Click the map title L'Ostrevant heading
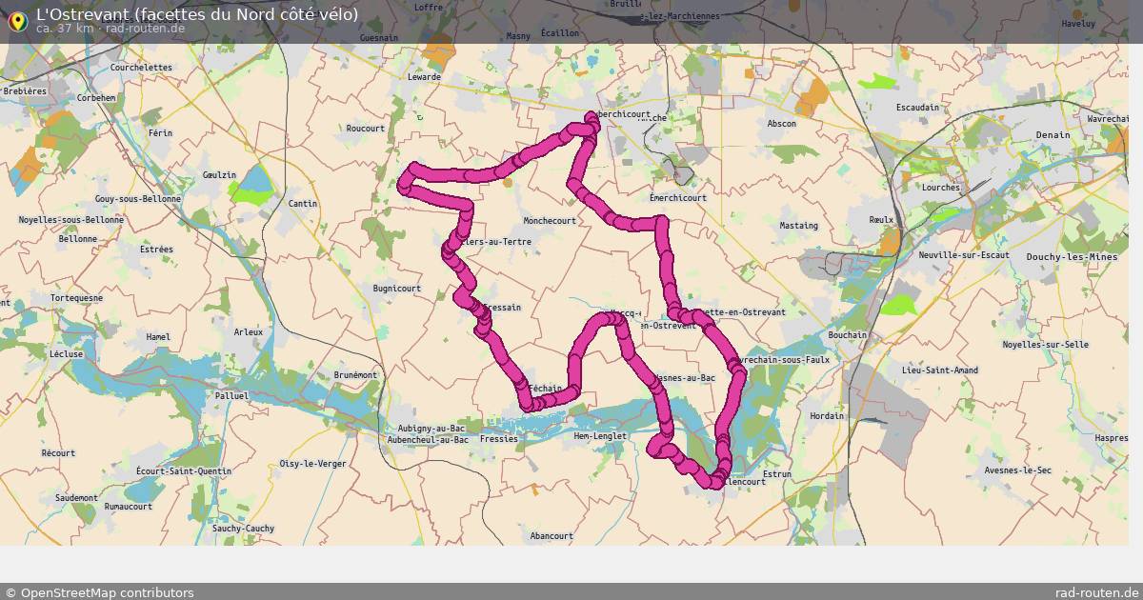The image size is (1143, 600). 197,14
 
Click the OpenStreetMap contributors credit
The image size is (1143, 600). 99,592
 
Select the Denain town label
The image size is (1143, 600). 1053,135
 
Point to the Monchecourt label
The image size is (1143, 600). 550,221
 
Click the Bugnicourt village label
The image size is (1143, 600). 397,289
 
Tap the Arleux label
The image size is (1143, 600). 248,332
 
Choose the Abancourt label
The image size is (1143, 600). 551,536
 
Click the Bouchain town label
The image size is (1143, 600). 848,335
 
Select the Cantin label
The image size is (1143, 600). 303,204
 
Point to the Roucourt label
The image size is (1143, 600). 366,129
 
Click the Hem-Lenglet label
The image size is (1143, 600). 600,436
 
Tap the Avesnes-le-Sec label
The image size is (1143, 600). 1017,470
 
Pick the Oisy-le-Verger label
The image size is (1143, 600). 312,464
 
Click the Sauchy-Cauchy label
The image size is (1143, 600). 243,529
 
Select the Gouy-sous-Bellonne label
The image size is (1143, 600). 138,199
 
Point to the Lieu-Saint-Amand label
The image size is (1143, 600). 940,370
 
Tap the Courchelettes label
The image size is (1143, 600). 141,68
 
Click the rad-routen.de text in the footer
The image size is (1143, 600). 1095,592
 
